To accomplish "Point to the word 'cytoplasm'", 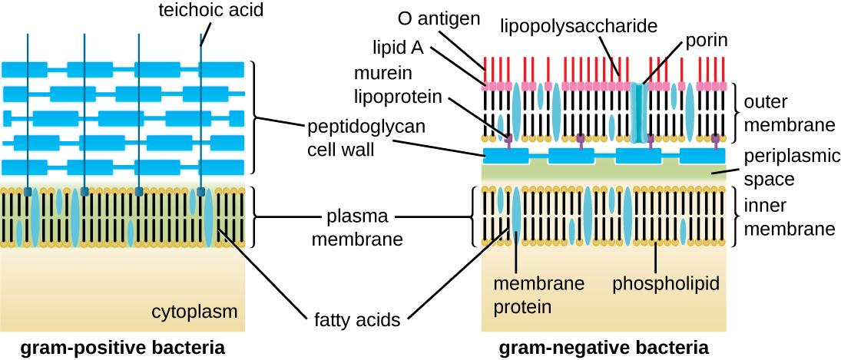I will [194, 312].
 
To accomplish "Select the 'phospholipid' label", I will [666, 284].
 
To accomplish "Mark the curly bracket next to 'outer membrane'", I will [738, 113].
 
